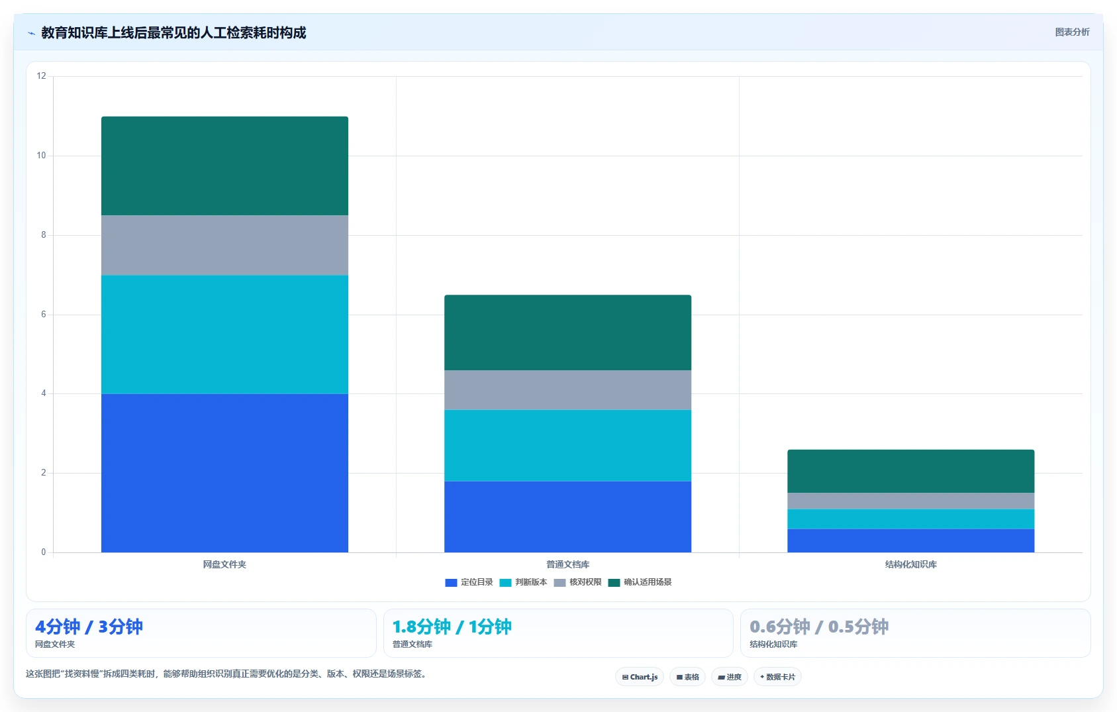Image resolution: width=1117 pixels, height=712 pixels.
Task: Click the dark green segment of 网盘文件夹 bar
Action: [224, 166]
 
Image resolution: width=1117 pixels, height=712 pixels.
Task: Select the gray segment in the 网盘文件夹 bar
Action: [224, 246]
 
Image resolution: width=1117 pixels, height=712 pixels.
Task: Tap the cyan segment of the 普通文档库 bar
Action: [567, 446]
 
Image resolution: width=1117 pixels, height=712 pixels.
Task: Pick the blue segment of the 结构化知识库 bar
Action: [910, 540]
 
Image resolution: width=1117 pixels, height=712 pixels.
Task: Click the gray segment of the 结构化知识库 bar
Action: [910, 501]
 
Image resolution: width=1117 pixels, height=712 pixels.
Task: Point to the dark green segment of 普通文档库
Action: [567, 332]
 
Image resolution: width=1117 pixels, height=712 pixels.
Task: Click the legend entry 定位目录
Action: [469, 582]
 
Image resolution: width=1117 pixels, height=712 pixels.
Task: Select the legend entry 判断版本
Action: [523, 582]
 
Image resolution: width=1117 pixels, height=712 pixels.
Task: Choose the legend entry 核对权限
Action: [577, 582]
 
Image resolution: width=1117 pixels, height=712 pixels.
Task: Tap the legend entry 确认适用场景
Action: [640, 582]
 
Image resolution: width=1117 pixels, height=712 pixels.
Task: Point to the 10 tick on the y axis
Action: [41, 155]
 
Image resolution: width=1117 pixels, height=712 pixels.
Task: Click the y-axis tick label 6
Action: [44, 314]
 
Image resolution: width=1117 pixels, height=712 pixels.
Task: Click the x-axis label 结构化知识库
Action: [910, 564]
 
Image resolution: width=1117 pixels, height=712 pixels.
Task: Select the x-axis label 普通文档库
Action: [567, 564]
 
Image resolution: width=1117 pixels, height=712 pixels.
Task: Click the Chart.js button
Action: [640, 677]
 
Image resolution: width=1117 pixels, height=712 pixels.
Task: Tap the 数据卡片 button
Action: [777, 677]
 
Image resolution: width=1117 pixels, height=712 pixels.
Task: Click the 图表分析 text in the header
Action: [1072, 32]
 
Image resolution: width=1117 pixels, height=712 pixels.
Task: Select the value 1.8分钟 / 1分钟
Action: [452, 627]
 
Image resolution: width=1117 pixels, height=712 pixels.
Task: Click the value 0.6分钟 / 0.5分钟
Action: [819, 627]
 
